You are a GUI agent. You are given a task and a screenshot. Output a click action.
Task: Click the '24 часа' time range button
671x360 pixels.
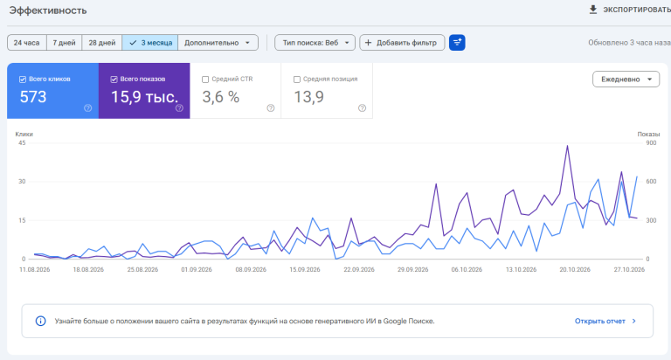pos(26,43)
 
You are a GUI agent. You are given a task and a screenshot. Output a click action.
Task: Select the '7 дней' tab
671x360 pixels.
pos(64,43)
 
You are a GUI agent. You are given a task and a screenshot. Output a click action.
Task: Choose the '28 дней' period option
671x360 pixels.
pos(102,43)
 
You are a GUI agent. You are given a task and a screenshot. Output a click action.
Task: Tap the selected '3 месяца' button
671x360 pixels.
pos(150,43)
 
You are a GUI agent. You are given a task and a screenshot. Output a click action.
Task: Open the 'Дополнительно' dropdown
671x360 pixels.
pos(218,43)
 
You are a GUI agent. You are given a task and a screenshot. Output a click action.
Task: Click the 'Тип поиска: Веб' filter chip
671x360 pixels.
pos(315,43)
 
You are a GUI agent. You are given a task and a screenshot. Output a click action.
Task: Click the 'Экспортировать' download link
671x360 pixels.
pos(630,10)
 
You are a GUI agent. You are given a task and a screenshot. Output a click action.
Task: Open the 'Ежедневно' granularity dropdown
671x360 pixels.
pos(626,80)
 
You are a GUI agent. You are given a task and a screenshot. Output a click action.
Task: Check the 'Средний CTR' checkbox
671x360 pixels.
pos(205,80)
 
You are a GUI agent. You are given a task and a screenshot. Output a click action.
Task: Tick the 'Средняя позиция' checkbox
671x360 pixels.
pos(297,80)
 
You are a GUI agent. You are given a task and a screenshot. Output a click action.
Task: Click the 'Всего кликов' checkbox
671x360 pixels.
pos(23,80)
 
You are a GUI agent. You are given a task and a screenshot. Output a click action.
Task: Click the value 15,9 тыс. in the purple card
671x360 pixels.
pos(145,97)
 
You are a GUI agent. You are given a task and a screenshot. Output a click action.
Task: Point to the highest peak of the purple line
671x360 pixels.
pos(567,146)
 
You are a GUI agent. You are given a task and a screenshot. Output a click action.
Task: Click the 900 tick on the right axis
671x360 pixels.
pos(651,143)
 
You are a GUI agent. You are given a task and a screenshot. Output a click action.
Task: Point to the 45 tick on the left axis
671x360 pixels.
pos(22,143)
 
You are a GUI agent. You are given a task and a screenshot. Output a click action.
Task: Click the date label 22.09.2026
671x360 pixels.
pos(359,270)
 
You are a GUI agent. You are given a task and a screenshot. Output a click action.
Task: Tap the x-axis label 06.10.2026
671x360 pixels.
pos(467,270)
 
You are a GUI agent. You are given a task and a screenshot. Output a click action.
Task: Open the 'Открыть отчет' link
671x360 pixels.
pos(605,321)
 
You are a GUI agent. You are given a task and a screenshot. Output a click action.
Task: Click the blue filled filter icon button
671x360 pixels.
pos(457,43)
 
